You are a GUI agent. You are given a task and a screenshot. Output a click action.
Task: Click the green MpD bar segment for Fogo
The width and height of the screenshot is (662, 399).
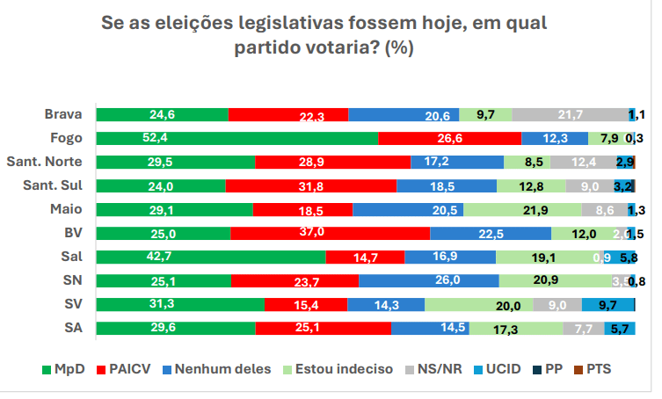pyautogui.click(x=236, y=138)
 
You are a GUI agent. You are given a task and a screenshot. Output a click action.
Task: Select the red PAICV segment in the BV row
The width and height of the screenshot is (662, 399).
pyautogui.click(x=330, y=233)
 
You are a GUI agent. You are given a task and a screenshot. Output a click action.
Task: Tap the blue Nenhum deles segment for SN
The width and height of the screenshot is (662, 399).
pyautogui.click(x=428, y=280)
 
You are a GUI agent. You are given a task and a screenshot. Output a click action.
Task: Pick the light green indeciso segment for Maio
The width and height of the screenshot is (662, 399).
pyautogui.click(x=522, y=209)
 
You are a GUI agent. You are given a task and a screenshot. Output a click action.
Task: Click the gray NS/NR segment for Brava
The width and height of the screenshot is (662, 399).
pyautogui.click(x=569, y=114)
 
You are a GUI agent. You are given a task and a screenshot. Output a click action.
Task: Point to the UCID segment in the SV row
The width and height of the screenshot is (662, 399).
pyautogui.click(x=607, y=304)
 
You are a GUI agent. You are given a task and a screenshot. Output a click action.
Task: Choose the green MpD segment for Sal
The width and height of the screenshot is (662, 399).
pyautogui.click(x=210, y=257)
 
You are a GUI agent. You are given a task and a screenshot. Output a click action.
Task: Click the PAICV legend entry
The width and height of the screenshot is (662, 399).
pyautogui.click(x=126, y=369)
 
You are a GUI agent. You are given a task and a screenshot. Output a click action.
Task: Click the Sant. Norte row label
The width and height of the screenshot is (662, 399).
pyautogui.click(x=45, y=162)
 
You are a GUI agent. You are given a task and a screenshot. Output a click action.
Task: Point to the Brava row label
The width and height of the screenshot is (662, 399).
pyautogui.click(x=63, y=114)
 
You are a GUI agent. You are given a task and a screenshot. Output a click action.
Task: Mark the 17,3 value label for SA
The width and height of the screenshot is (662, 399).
pyautogui.click(x=506, y=329)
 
